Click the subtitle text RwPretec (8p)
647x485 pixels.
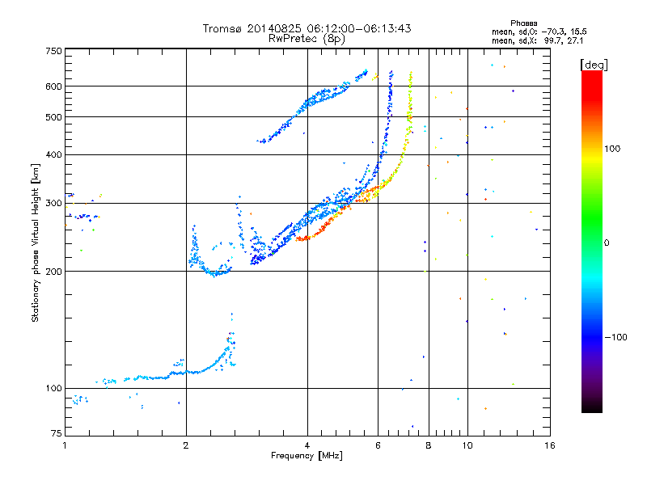pos(307,39)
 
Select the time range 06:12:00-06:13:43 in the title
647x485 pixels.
pos(359,28)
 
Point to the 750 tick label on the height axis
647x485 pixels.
pos(53,51)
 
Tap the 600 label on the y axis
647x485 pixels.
pos(53,86)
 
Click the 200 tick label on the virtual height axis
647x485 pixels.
pos(53,272)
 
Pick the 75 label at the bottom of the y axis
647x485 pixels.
pos(56,433)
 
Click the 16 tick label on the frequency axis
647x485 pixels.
pos(550,445)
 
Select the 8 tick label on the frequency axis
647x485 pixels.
pos(429,445)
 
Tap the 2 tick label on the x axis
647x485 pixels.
pos(186,445)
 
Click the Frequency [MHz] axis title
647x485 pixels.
pos(307,456)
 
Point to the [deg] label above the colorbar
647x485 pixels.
pos(594,65)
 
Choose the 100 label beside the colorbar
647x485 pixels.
pos(612,149)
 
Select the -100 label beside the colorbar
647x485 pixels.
pos(615,337)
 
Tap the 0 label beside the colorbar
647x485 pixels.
pos(607,242)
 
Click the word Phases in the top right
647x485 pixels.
pos(523,23)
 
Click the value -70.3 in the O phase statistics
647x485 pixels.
pos(554,32)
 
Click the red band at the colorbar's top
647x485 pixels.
pos(592,82)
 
